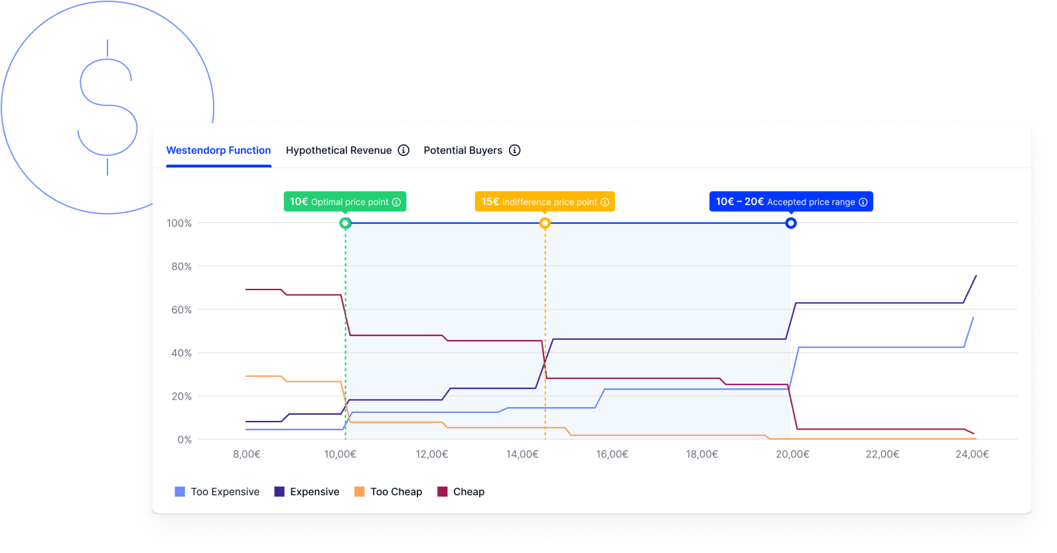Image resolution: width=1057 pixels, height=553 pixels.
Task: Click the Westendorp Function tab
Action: coord(218,151)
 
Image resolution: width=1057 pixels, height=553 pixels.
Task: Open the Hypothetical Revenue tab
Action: coord(338,151)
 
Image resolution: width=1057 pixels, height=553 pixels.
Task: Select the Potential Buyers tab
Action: coord(462,151)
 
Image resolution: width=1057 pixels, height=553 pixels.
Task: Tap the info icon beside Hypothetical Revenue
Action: coord(403,151)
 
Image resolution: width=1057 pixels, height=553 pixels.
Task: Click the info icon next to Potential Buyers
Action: coord(514,151)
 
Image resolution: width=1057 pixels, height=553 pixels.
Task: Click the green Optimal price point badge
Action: coord(345,202)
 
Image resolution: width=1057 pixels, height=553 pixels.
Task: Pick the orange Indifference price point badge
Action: coord(545,202)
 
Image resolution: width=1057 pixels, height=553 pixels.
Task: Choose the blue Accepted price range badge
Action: coord(791,202)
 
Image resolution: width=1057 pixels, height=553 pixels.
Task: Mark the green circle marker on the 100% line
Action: coord(345,223)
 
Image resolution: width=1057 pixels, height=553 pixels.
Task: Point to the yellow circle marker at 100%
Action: coord(545,223)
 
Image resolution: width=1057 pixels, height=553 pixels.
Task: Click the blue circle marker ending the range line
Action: coord(791,223)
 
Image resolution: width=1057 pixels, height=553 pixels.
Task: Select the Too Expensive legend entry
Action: coord(217,492)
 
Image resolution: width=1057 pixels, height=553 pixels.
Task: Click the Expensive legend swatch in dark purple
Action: coord(279,492)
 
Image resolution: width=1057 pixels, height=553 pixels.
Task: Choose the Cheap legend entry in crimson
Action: coord(461,492)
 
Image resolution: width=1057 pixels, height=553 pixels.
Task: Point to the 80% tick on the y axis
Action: coord(181,267)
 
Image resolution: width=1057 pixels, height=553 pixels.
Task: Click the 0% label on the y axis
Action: coord(184,440)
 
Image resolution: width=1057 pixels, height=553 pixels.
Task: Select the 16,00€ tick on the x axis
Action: coord(612,455)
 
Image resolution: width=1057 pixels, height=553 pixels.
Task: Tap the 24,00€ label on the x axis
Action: coord(972,455)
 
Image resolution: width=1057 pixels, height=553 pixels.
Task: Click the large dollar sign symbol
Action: coord(107,108)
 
